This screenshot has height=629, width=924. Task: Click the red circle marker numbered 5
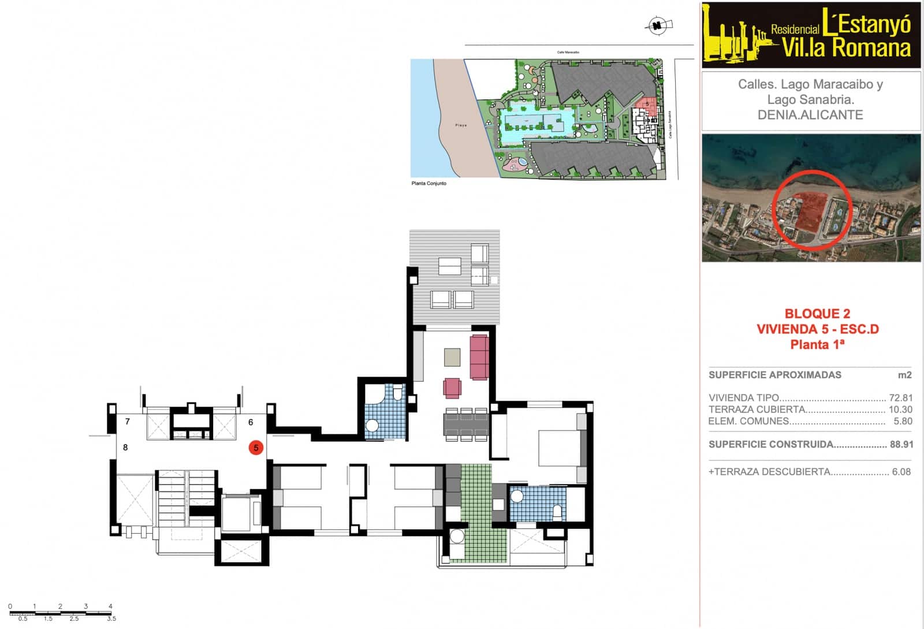click(256, 447)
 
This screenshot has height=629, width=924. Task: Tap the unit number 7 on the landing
click(128, 422)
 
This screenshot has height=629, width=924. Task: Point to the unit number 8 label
click(125, 447)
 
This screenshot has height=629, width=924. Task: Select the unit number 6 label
click(251, 422)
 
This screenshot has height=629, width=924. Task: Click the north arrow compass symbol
click(657, 25)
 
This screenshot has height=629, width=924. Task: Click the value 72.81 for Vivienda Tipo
click(901, 398)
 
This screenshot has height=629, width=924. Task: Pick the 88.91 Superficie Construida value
click(901, 444)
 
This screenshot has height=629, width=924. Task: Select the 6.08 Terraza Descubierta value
click(901, 472)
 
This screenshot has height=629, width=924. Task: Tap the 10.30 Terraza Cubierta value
click(900, 410)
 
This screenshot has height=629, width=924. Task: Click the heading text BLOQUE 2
click(817, 314)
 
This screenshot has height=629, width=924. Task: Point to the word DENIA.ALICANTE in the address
click(810, 115)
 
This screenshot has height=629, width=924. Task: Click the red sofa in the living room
click(479, 357)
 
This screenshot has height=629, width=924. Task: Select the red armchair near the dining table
click(452, 388)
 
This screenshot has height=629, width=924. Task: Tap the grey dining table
click(466, 424)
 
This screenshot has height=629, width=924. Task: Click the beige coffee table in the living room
click(452, 356)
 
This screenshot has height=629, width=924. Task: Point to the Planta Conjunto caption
click(429, 184)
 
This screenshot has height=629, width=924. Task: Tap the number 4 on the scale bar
click(110, 606)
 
